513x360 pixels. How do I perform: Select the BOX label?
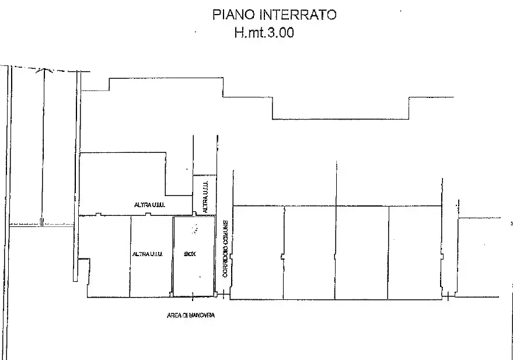[x=189, y=254]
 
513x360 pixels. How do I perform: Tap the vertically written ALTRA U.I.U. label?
[x=204, y=197]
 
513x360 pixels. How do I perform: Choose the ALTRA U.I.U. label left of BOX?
[x=147, y=254]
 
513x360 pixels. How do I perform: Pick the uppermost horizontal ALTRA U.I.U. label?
[x=149, y=205]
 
